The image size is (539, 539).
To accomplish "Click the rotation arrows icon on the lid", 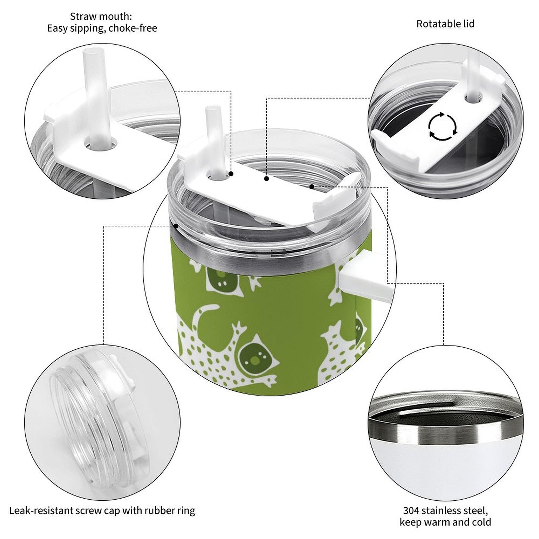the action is click(443, 126).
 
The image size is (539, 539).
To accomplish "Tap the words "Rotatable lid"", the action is click(445, 24).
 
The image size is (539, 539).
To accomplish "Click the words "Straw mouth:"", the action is click(101, 16).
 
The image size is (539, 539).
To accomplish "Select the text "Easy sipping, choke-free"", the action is click(102, 28).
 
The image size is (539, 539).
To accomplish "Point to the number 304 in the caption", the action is click(411, 510).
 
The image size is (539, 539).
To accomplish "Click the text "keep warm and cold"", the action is click(445, 522).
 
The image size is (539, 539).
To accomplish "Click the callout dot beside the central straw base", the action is click(231, 173).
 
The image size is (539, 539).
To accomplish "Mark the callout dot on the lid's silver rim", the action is click(176, 226).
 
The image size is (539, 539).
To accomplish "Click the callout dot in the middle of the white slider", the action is click(266, 179).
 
